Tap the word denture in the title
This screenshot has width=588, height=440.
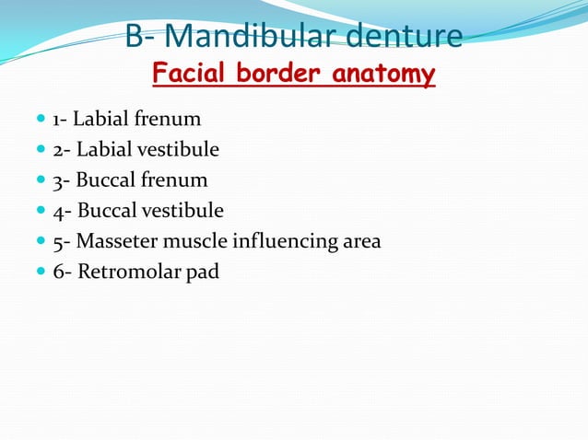tap(405, 37)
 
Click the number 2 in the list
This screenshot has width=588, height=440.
tap(57, 150)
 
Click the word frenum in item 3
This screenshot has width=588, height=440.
tap(178, 181)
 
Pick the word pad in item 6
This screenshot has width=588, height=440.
tap(202, 273)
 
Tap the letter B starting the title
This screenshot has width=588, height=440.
tap(135, 37)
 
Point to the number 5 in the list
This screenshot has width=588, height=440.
tap(57, 242)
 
